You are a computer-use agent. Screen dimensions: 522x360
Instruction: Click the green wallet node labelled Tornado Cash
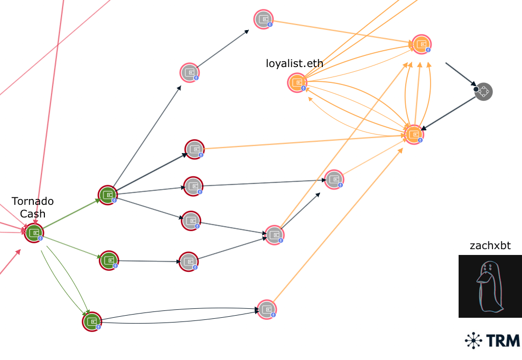pyautogui.click(x=34, y=233)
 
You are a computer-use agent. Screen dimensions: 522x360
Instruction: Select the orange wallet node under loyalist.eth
pyautogui.click(x=297, y=83)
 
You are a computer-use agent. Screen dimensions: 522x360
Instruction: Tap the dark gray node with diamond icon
pyautogui.click(x=483, y=91)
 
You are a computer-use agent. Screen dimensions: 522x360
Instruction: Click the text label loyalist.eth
pyautogui.click(x=294, y=63)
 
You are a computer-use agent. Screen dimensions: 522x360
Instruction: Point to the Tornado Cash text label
pyautogui.click(x=33, y=207)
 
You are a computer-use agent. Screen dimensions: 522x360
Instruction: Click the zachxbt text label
pyautogui.click(x=490, y=245)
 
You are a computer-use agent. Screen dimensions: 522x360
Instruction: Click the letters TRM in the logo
pyautogui.click(x=502, y=340)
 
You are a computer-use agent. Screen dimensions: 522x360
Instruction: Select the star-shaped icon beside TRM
pyautogui.click(x=473, y=340)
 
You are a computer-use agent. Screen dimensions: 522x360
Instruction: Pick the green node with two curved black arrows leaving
pyautogui.click(x=92, y=321)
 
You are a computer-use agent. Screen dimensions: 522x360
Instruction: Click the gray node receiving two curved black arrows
pyautogui.click(x=267, y=310)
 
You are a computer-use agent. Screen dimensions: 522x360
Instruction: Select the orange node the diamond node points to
pyautogui.click(x=414, y=135)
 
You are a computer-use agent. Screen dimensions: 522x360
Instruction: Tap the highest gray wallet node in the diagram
pyautogui.click(x=263, y=20)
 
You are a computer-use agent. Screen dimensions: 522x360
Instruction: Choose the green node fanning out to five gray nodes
pyautogui.click(x=108, y=195)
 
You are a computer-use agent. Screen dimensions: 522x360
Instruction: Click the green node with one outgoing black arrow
pyautogui.click(x=109, y=261)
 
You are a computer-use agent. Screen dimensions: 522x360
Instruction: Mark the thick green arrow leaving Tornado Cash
pyautogui.click(x=71, y=214)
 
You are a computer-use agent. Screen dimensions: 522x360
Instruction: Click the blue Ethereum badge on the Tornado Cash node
pyautogui.click(x=40, y=238)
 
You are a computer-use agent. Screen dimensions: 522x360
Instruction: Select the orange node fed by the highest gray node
pyautogui.click(x=422, y=44)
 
